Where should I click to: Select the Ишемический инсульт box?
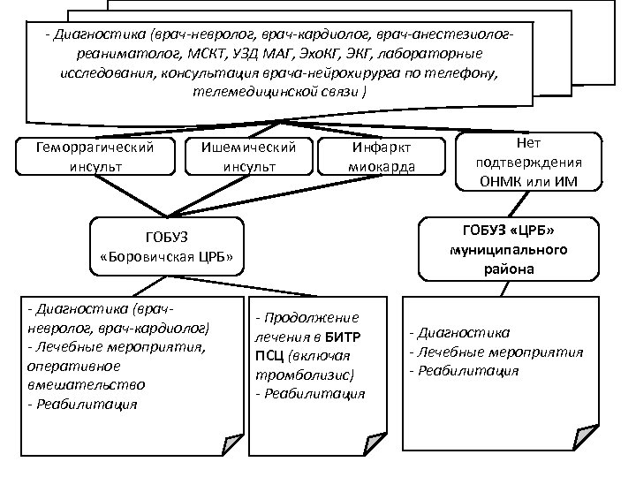(249, 155)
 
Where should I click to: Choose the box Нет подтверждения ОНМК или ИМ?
(528, 161)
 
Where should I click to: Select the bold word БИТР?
(353, 337)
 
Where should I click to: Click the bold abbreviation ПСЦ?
(266, 356)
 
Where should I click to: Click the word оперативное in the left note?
(68, 366)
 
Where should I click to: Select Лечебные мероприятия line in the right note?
(496, 352)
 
